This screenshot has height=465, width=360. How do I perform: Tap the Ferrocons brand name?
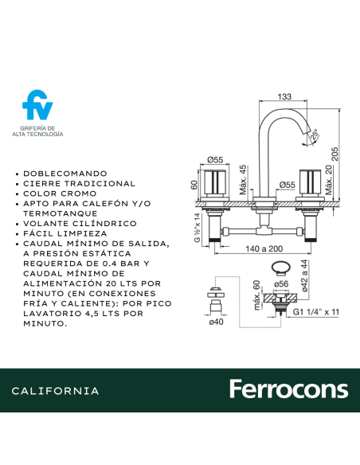288,389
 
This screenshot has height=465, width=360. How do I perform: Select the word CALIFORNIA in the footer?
56,391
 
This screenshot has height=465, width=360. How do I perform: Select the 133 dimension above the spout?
284,97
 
